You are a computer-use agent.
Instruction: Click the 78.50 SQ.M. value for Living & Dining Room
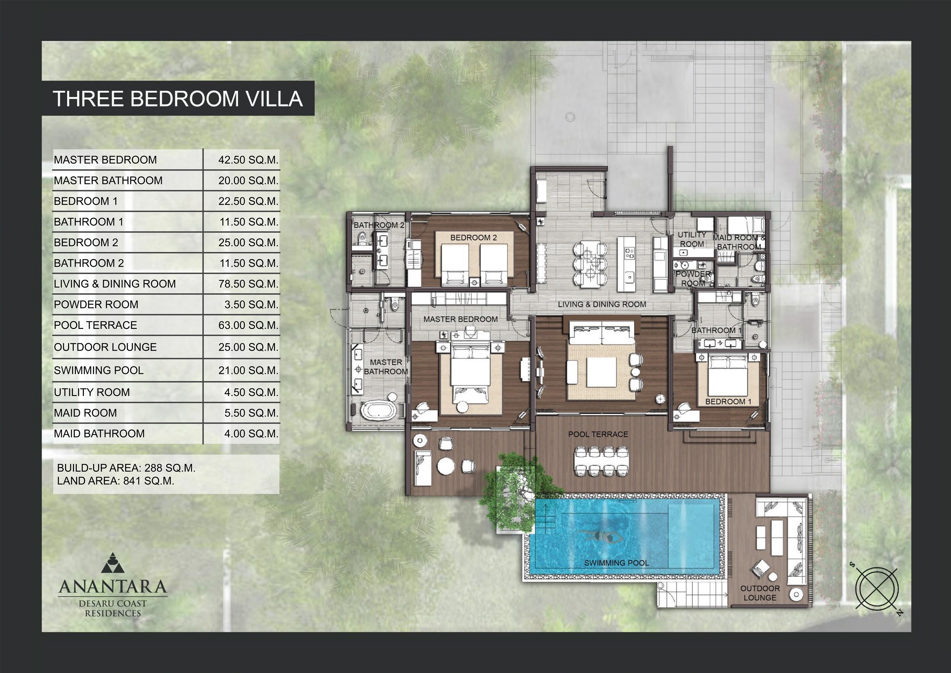point(249,284)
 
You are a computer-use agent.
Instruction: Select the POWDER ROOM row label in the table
point(96,305)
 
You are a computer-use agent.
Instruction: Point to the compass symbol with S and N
point(877,589)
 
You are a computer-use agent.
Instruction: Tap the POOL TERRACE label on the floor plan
point(598,434)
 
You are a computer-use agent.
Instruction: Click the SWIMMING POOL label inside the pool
point(616,563)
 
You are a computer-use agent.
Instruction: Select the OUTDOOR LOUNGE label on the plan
point(760,593)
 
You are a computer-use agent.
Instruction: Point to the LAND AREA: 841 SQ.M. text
point(115,481)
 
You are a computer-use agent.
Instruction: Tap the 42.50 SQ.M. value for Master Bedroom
point(249,160)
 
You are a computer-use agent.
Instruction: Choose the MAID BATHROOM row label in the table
point(99,434)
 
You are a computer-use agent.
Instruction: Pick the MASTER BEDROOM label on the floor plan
point(461,319)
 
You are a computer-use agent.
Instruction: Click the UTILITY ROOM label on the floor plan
point(692,239)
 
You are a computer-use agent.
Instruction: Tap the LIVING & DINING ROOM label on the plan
point(602,304)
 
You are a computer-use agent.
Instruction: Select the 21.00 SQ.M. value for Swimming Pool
point(249,370)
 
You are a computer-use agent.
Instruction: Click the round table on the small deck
point(446,466)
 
